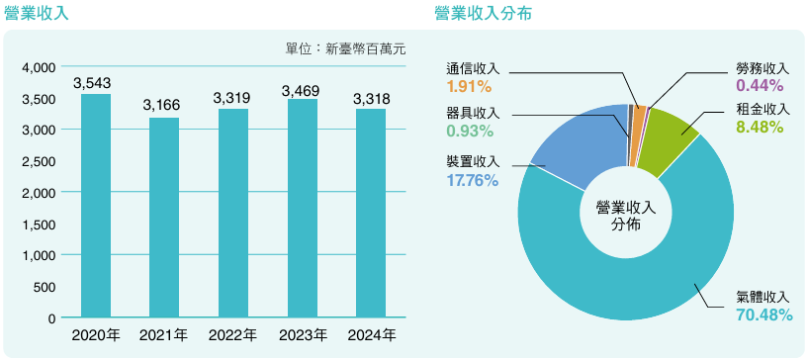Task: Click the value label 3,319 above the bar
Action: click(233, 98)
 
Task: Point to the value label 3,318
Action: click(371, 98)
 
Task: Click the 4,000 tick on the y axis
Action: click(39, 67)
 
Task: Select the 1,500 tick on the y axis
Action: click(39, 225)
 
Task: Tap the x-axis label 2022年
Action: click(233, 336)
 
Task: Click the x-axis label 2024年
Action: click(371, 336)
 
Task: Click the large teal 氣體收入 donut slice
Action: click(633, 287)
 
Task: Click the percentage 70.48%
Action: click(762, 315)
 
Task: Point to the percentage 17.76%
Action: click(473, 180)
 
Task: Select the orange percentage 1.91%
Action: click(469, 86)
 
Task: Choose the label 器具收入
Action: click(473, 113)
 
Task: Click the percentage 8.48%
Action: click(760, 127)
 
